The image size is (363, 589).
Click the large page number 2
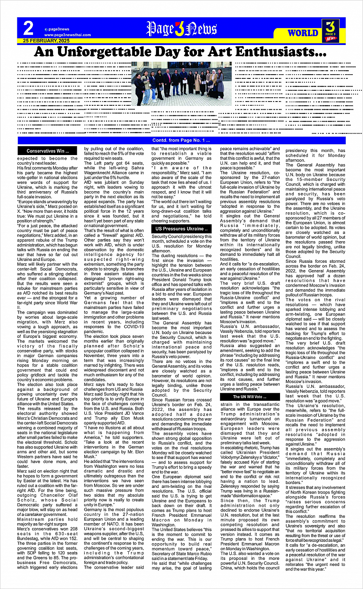[x=28, y=28]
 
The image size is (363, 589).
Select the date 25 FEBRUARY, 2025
[x=46, y=41]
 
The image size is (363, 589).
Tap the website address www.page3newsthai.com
[x=67, y=35]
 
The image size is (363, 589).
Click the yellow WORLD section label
[x=303, y=33]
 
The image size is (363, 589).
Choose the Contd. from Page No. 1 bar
[x=181, y=140]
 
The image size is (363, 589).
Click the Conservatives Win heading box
[x=48, y=151]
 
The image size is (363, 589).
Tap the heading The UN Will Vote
[x=250, y=397]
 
